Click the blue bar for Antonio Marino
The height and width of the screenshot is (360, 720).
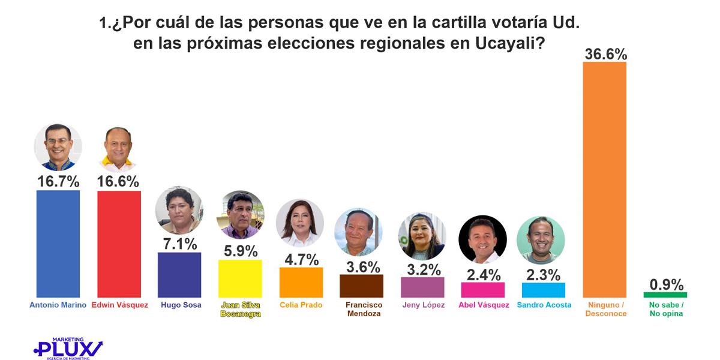(x=58, y=244)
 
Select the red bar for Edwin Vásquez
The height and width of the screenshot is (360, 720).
(x=119, y=244)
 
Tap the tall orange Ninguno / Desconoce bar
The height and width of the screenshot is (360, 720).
(x=605, y=180)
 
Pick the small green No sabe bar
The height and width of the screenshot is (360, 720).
(x=665, y=295)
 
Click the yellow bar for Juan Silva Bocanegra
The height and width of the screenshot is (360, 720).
(x=240, y=278)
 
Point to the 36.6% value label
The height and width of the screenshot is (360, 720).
(x=605, y=54)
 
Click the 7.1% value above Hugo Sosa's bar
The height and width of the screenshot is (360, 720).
(x=179, y=244)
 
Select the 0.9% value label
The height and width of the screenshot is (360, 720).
(x=666, y=284)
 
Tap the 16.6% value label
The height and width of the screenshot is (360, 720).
(x=119, y=181)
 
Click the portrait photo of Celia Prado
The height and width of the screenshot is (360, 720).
(x=300, y=223)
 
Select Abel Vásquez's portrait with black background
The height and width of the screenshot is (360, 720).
(x=483, y=239)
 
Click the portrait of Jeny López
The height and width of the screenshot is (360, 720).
(x=422, y=236)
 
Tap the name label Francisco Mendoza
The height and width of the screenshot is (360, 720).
(x=363, y=309)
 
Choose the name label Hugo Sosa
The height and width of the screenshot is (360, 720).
(x=181, y=305)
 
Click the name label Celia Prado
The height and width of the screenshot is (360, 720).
(x=301, y=305)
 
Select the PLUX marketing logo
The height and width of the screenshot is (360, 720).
(x=67, y=348)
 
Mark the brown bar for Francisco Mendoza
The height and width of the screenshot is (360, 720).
(x=361, y=286)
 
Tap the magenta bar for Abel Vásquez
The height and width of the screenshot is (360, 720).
(x=483, y=289)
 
